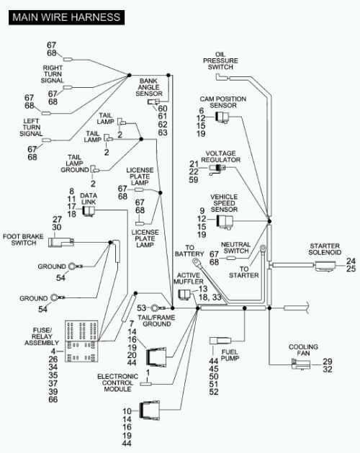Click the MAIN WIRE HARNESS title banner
coord(66,17)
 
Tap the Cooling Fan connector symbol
coord(301,364)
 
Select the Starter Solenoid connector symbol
coord(325,266)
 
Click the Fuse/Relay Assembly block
coord(81,341)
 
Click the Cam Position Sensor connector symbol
coord(222,117)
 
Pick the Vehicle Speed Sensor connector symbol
coord(224,222)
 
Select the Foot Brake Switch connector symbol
coord(61,242)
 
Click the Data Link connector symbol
coord(89,211)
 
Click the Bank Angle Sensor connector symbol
coord(153,102)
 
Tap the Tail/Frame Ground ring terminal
coord(157,308)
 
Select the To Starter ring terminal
coord(264,248)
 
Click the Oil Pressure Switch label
coord(220,60)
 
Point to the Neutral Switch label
coord(235,248)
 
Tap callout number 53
coord(142,308)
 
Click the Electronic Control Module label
coord(117,383)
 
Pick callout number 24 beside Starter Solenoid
coord(351,261)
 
